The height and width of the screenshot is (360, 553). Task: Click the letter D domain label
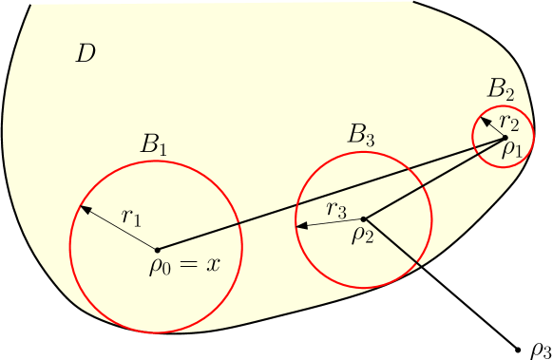86,53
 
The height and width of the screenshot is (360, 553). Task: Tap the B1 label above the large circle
154,144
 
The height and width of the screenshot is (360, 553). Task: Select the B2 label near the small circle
501,89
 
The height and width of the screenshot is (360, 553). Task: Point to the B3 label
361,135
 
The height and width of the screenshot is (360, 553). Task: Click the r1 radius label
131,216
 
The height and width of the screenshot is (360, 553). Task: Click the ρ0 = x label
184,263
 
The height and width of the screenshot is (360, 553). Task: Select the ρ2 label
362,233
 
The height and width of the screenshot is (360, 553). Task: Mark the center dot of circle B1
157,249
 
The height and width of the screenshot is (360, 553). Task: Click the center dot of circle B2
505,138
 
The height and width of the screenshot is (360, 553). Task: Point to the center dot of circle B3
364,218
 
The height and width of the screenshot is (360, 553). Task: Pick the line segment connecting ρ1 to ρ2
434,179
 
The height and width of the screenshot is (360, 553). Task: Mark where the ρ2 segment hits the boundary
419,265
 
